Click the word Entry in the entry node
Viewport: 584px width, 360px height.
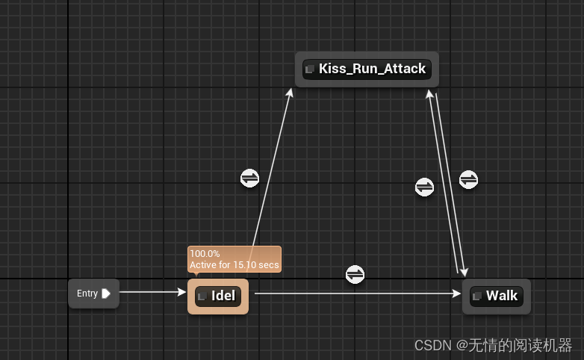pos(87,294)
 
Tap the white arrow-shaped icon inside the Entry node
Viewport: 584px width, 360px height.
pos(106,294)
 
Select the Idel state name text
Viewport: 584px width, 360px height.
pos(223,296)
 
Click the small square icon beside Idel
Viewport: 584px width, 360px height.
pos(202,297)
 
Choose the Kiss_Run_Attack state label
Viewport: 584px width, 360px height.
pos(372,69)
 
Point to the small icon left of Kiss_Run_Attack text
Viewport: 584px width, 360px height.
pos(310,69)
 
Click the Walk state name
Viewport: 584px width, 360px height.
pos(502,296)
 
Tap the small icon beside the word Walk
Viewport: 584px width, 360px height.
pos(476,297)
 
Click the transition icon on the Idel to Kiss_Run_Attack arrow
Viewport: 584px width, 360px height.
pos(249,178)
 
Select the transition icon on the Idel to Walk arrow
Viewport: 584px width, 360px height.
pos(355,274)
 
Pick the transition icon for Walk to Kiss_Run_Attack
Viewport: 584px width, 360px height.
pos(424,187)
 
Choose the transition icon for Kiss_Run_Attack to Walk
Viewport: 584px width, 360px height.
pos(468,179)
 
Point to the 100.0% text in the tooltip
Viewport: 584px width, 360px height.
pos(204,254)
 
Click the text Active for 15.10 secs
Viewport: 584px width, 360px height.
pos(234,264)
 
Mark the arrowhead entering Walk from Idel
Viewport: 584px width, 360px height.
pos(456,294)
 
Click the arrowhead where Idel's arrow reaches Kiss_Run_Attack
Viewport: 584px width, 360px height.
pos(290,92)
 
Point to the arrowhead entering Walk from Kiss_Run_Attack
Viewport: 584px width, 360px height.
pos(465,272)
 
